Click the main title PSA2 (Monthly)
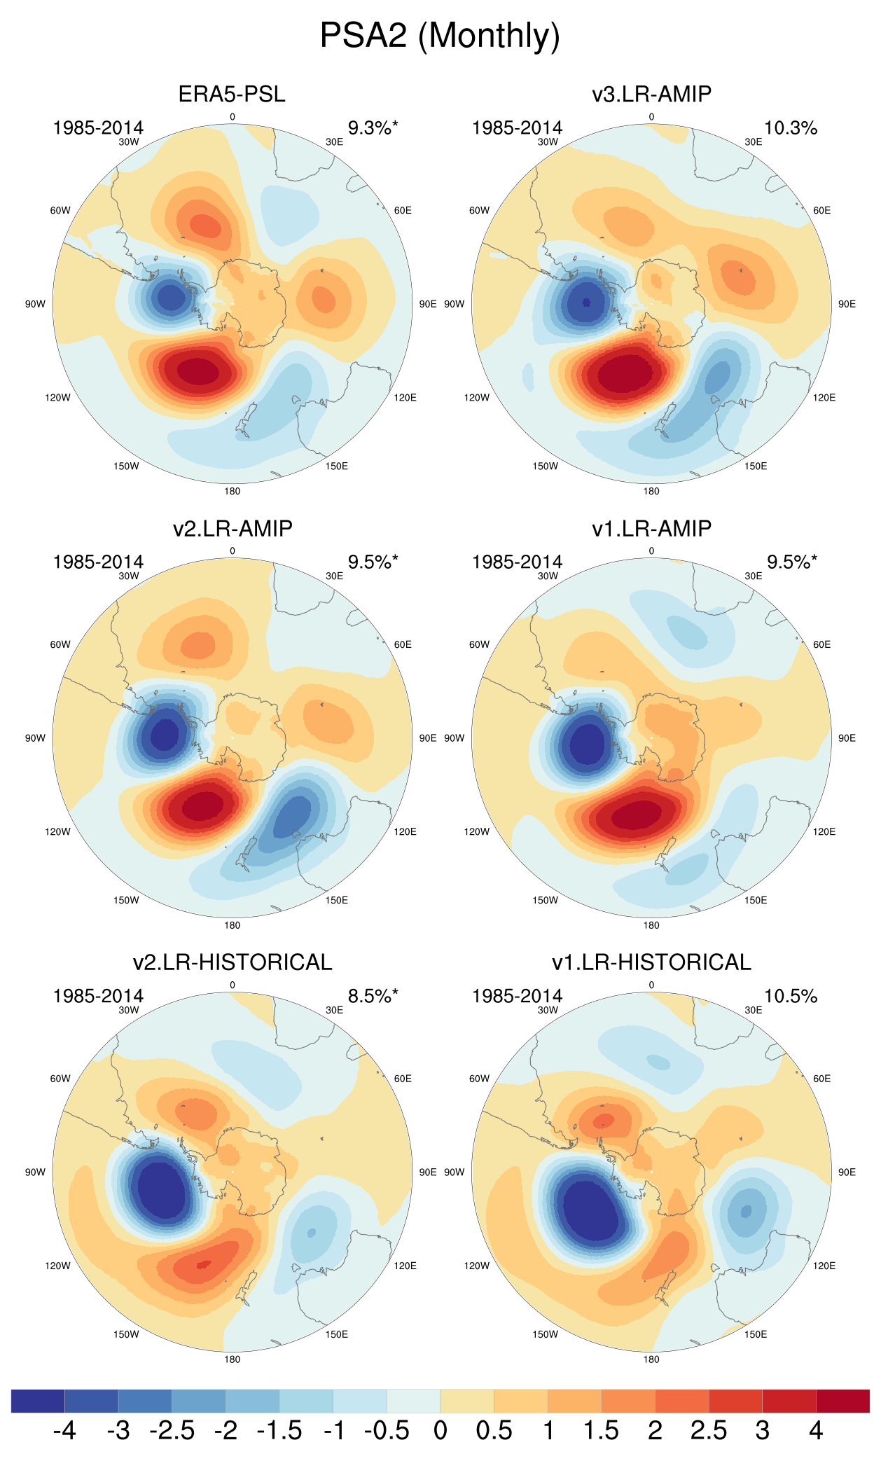[440, 35]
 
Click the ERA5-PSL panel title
[232, 94]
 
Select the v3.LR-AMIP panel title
[651, 94]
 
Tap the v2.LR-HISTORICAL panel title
[232, 962]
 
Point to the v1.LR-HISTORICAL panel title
[651, 962]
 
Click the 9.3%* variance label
[373, 128]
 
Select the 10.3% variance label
[791, 128]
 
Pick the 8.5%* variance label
[373, 996]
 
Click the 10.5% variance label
[791, 996]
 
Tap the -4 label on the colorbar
[64, 1430]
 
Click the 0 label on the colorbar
[440, 1430]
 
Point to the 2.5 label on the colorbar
[708, 1430]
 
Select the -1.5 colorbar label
[279, 1430]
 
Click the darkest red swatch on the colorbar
[842, 1401]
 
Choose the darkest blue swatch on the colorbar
[38, 1401]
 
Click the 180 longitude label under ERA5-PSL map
[232, 491]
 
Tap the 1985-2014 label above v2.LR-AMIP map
[98, 562]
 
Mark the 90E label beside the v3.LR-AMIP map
[847, 304]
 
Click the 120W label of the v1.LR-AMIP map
[476, 831]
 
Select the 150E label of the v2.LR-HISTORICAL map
[336, 1334]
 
